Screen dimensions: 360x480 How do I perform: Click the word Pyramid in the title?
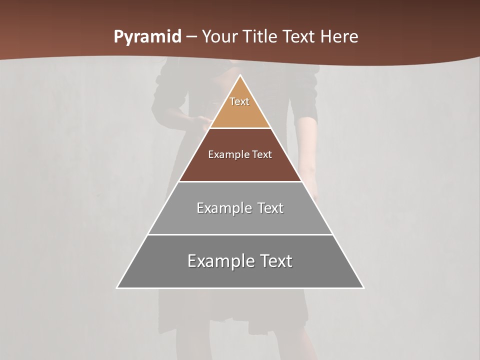pos(147,37)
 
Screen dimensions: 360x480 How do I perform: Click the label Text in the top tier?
pos(239,101)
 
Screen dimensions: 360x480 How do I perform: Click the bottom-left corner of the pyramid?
pos(117,287)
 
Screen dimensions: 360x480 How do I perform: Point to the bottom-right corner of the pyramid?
pos(363,287)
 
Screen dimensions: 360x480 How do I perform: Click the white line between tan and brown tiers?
pos(240,128)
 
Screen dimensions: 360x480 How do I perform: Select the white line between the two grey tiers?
pos(240,234)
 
